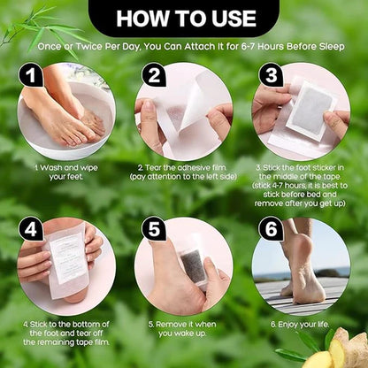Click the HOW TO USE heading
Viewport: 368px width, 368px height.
(184, 17)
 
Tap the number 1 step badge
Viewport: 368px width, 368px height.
(32, 76)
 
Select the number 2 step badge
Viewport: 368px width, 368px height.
(154, 76)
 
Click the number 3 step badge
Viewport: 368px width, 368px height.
(272, 76)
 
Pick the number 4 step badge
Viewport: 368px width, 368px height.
(32, 229)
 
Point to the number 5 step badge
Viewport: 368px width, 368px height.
(154, 229)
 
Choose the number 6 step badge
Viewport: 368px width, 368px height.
(272, 229)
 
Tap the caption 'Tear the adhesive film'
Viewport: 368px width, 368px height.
(184, 170)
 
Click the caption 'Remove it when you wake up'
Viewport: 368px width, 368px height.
(183, 329)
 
